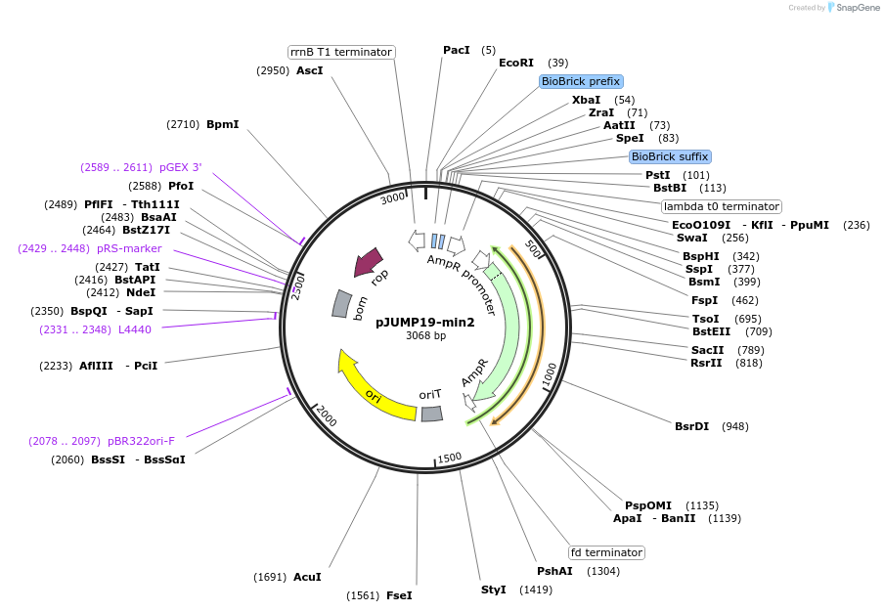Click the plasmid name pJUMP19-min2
425,322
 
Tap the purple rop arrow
369,262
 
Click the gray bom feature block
341,303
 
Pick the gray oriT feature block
431,414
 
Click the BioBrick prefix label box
581,81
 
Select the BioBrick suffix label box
670,156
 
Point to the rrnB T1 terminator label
341,52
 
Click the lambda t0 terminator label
722,206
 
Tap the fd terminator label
606,552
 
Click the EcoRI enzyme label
516,63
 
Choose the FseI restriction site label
399,595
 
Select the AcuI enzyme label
307,577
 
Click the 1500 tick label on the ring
449,458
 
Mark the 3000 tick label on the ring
392,198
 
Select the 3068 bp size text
425,335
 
